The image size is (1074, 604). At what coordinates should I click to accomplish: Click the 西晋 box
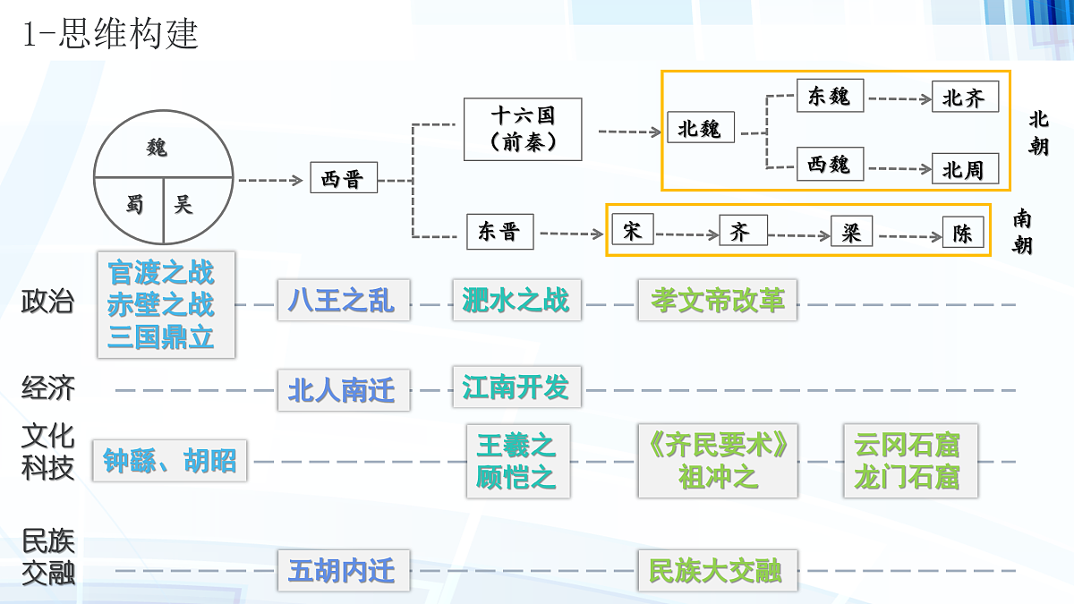[343, 178]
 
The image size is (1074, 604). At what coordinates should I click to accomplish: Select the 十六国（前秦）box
[523, 129]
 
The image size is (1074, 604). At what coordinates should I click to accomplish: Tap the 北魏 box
[700, 128]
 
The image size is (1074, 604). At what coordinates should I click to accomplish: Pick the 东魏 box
[830, 96]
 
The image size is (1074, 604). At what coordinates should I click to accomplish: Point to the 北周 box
[964, 169]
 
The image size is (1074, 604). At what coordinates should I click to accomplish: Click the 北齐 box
[964, 98]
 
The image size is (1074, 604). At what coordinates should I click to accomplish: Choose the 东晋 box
[499, 233]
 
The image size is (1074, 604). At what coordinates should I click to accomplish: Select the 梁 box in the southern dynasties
[850, 233]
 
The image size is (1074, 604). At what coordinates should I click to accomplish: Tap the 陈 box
[963, 234]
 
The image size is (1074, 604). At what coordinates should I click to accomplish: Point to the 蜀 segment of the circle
[134, 206]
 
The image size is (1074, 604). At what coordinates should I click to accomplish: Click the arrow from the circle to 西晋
[270, 180]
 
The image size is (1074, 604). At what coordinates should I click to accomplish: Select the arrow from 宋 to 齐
[686, 234]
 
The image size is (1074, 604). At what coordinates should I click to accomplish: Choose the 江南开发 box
[516, 387]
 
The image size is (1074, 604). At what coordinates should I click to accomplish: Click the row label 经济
[47, 388]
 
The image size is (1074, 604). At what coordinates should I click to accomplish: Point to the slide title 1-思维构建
[109, 34]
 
